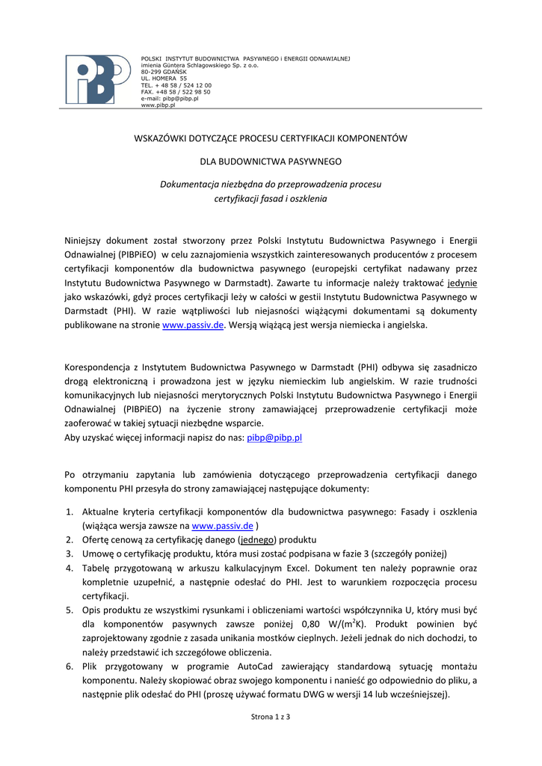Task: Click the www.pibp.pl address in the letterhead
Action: pyautogui.click(x=158, y=105)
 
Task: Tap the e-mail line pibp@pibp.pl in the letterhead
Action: pyautogui.click(x=170, y=99)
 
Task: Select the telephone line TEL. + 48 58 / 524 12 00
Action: pyautogui.click(x=176, y=85)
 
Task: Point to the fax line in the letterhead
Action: pyautogui.click(x=176, y=92)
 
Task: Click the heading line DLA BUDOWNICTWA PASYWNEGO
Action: pyautogui.click(x=270, y=161)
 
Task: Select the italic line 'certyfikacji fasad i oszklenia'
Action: pyautogui.click(x=270, y=199)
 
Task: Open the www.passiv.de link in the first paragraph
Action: pyautogui.click(x=193, y=325)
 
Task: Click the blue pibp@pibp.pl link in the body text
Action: pyautogui.click(x=274, y=438)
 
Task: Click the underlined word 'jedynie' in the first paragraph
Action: pyautogui.click(x=462, y=283)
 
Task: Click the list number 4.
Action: pyautogui.click(x=69, y=569)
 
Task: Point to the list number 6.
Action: pyautogui.click(x=69, y=667)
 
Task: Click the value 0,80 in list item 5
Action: pyautogui.click(x=311, y=624)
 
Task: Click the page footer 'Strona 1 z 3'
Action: pyautogui.click(x=270, y=717)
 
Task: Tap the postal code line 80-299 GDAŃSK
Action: pyautogui.click(x=164, y=72)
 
